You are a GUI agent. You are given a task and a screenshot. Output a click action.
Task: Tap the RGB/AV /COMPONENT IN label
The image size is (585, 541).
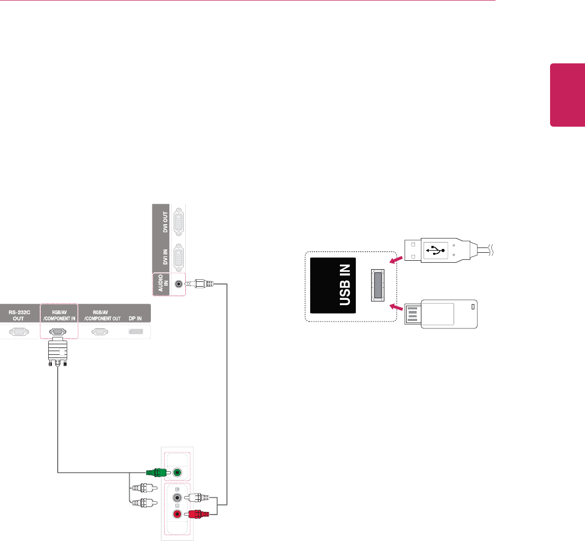coord(58,316)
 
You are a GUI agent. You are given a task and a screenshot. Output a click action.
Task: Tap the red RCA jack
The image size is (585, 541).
coord(178,512)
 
